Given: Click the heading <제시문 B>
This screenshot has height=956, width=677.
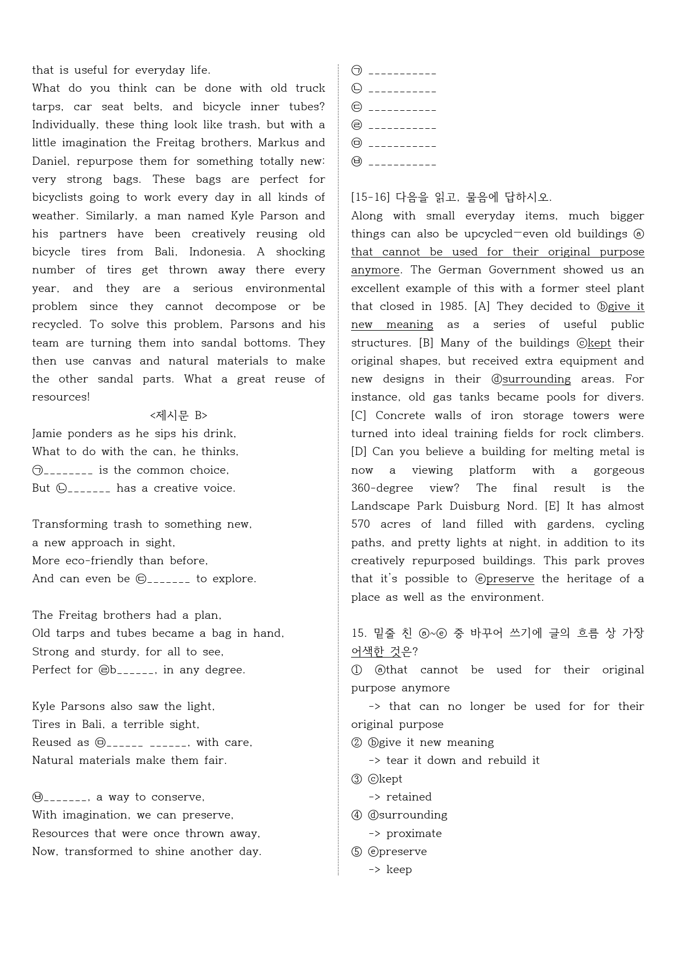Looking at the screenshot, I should click(179, 416).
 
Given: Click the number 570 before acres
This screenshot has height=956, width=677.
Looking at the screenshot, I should click(360, 524).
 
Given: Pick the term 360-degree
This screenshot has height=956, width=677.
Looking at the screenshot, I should click(382, 488).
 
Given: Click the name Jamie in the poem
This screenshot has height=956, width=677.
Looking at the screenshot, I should click(46, 434).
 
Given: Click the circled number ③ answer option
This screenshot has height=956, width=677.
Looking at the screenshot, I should click(357, 779).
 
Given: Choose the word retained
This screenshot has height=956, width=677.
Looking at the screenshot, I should click(409, 797).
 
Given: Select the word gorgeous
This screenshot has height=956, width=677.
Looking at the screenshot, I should click(619, 470).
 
